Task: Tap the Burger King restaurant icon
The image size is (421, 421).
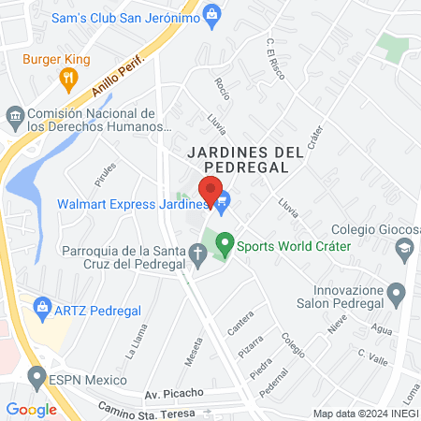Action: pos(67,79)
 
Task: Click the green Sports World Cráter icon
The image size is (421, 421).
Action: pos(225,246)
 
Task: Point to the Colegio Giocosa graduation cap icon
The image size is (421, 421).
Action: pos(404,248)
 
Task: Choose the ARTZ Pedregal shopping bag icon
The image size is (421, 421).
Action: pos(41,306)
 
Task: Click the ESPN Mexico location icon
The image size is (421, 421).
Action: pos(36,379)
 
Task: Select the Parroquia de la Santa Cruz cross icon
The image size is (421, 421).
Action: pos(197,253)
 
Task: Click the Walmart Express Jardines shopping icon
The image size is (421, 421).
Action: pos(224,200)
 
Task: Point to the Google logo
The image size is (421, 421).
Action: pos(31,409)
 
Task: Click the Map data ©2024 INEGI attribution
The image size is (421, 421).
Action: pos(365,414)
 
